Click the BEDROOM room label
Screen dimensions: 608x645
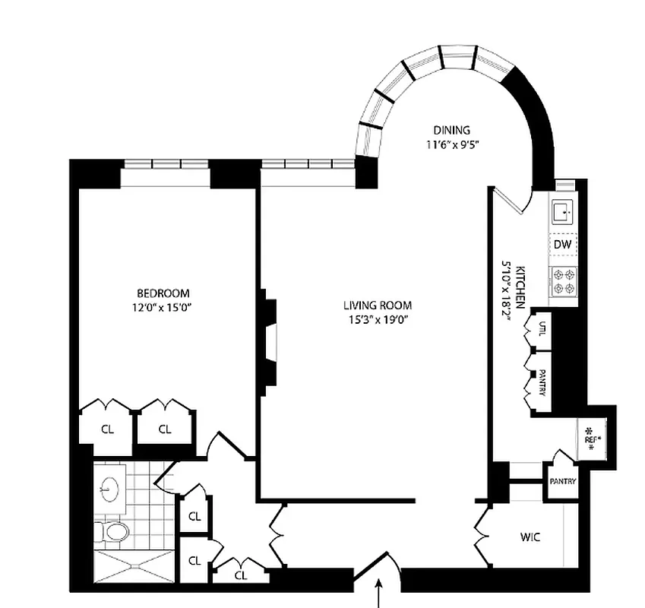[163, 293]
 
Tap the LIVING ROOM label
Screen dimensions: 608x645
[375, 306]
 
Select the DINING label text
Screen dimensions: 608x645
[452, 129]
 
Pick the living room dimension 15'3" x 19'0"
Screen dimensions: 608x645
[375, 319]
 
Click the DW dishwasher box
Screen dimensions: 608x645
[562, 244]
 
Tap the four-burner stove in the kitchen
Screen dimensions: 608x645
[563, 283]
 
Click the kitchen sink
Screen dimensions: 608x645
[563, 211]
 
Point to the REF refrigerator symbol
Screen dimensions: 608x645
[590, 439]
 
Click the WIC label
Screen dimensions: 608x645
[530, 537]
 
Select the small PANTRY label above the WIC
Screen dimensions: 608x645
[563, 482]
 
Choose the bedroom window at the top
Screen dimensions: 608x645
[165, 163]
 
